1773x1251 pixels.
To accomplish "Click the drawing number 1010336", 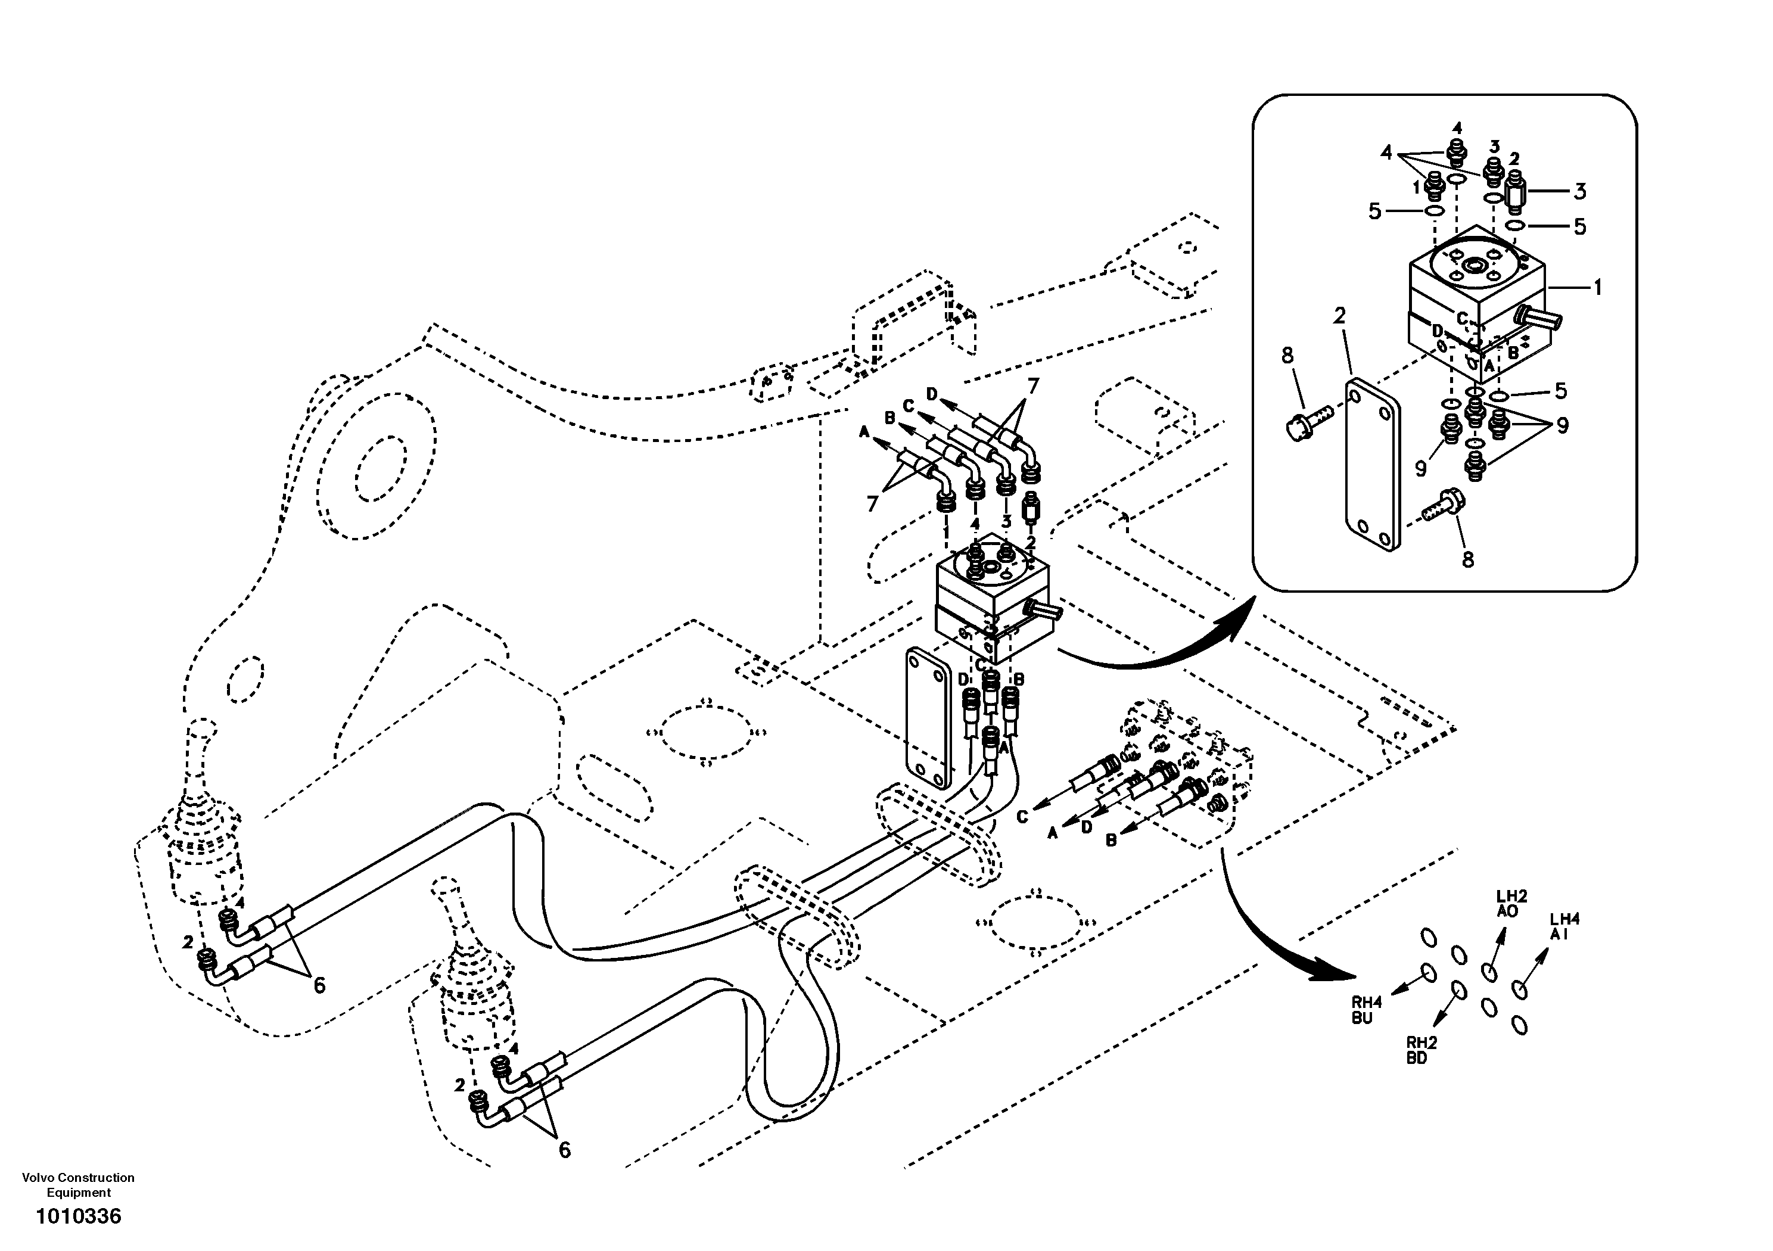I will pyautogui.click(x=79, y=1217).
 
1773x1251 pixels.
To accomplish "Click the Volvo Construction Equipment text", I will pyautogui.click(x=79, y=1185).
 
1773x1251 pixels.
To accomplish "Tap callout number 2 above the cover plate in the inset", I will pyautogui.click(x=1339, y=315).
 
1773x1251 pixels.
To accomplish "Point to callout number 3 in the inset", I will pyautogui.click(x=1580, y=191).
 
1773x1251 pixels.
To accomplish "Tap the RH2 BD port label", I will pyautogui.click(x=1421, y=1050).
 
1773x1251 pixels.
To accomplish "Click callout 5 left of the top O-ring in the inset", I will pyautogui.click(x=1374, y=211).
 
